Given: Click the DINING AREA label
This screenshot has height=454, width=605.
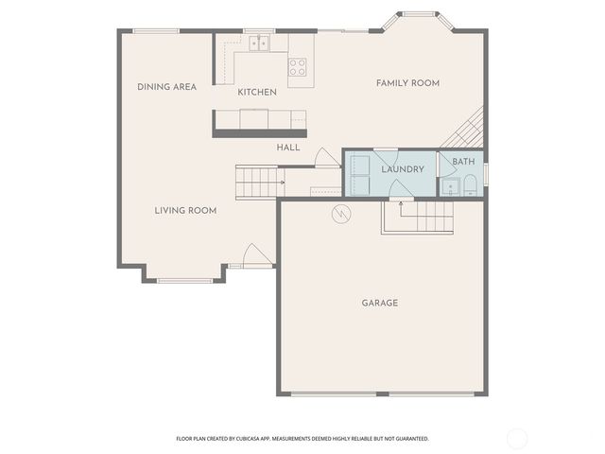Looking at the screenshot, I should tap(166, 87).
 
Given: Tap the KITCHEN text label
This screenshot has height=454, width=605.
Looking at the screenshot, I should tap(256, 92).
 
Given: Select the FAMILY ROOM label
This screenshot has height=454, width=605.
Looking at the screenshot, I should tap(407, 83).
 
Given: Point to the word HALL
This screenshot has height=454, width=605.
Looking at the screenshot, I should tap(288, 148).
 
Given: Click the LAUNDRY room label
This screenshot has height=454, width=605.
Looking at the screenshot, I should tap(403, 169).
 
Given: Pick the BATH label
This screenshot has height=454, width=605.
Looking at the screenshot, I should tap(463, 162).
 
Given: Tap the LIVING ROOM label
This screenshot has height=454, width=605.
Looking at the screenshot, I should tap(185, 210).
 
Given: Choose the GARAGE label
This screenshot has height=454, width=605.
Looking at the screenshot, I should tap(380, 304).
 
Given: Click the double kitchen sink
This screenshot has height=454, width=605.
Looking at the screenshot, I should tap(260, 43).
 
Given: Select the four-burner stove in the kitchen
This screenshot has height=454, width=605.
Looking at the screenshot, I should tap(298, 66).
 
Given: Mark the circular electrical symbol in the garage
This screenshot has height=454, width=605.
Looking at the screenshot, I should tap(340, 215).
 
